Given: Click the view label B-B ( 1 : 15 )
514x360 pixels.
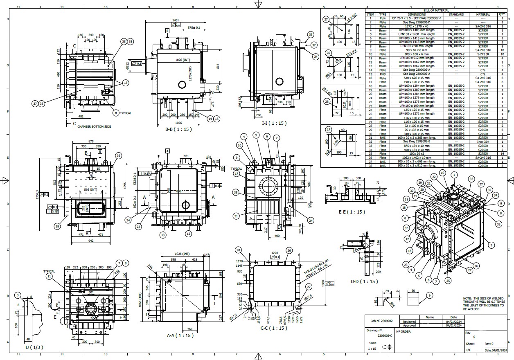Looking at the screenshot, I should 180,129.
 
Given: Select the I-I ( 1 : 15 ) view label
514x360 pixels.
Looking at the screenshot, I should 274,123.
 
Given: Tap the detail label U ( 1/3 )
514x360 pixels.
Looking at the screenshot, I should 34,347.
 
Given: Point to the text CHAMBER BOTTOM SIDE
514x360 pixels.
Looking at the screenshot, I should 94,127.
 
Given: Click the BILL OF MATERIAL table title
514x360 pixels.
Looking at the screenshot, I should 436,10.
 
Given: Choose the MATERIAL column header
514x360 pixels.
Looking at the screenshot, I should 482,14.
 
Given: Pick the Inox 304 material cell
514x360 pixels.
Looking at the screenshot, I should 482,142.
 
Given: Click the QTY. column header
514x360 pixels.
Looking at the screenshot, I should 502,14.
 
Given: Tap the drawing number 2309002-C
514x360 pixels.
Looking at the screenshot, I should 383,335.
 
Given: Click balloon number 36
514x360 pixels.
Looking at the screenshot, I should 119,155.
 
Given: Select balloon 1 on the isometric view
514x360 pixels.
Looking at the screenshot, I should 453,175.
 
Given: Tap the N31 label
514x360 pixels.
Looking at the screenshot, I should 186,156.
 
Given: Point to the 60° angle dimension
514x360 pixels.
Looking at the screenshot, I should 90,292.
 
